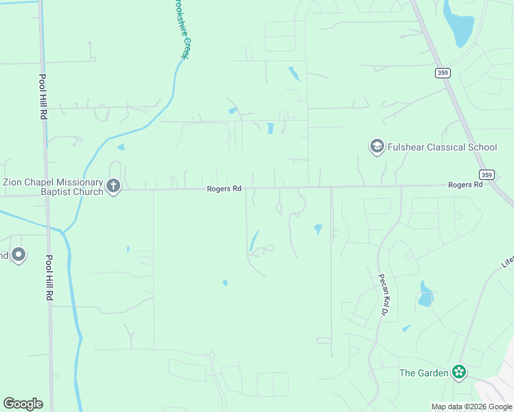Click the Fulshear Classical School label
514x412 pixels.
(x=443, y=147)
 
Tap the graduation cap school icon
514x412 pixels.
(x=377, y=146)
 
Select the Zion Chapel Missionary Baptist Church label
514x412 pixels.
(x=53, y=187)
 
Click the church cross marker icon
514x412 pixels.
(x=114, y=186)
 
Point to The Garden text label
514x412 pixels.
(x=424, y=374)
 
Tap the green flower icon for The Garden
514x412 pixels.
(x=459, y=373)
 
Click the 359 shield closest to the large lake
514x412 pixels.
(x=442, y=72)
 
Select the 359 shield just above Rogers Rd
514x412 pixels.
(x=487, y=174)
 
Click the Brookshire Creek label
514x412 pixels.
(x=180, y=29)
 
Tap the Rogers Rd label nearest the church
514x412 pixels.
(x=225, y=189)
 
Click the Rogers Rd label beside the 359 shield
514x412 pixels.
(x=465, y=185)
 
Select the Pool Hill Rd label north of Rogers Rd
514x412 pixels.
(x=42, y=98)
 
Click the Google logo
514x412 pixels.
(x=23, y=404)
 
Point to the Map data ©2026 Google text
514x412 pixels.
(x=472, y=407)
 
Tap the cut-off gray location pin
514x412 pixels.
(x=17, y=255)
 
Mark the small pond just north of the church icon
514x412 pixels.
(x=121, y=146)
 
